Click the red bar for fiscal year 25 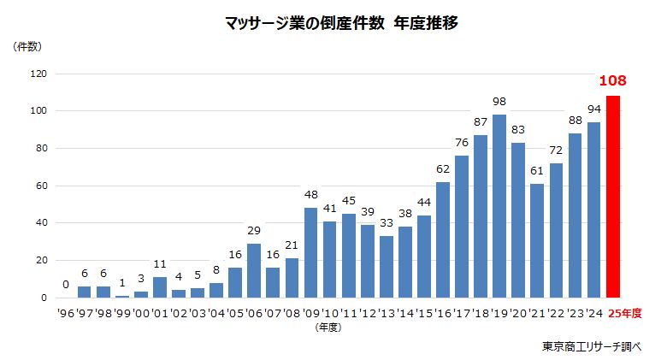pos(613,197)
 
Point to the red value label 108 pos(612,81)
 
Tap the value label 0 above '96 pos(66,285)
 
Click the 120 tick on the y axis pos(37,74)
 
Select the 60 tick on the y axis pos(40,186)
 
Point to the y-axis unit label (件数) pos(27,47)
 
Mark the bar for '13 pos(387,267)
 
